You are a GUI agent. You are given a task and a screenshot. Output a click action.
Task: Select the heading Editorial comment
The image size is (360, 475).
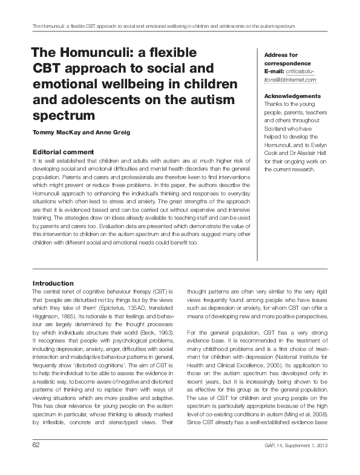pyautogui.click(x=63, y=151)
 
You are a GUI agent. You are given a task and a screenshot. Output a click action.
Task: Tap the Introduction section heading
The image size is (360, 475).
pyautogui.click(x=53, y=283)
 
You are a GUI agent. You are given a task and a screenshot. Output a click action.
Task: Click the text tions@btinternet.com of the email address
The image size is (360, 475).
pyautogui.click(x=290, y=79)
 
